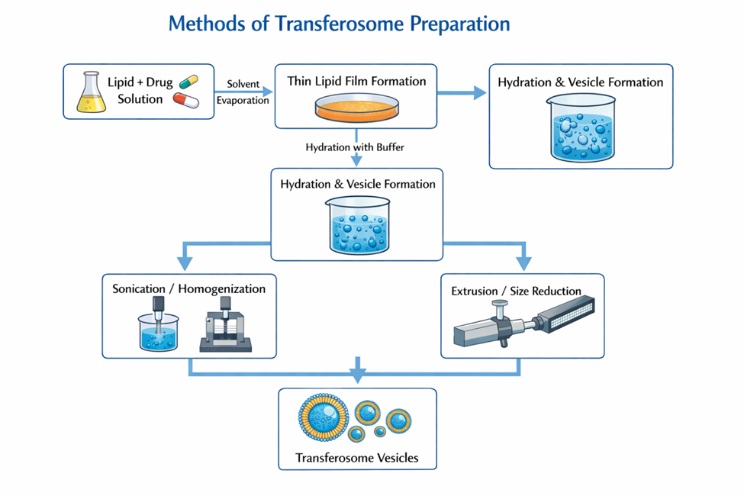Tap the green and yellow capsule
188,83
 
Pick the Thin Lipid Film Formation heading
356,81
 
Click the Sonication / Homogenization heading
189,289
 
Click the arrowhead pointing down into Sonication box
184,264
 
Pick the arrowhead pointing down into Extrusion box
523,264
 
